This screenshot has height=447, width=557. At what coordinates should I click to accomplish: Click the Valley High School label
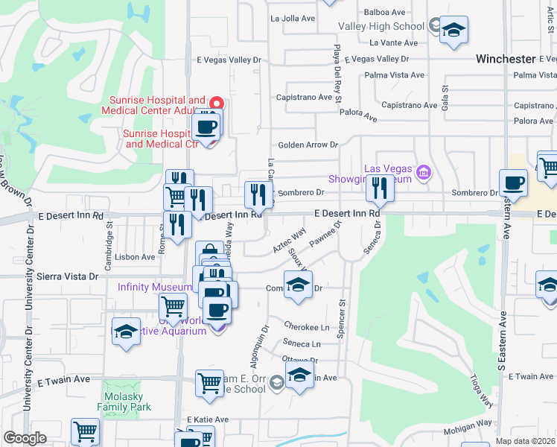coord(381,26)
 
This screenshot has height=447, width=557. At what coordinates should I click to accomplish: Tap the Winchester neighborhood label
coord(506,59)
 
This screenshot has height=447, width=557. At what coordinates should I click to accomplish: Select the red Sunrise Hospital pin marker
coord(216,104)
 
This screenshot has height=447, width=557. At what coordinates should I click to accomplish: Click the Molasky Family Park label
coord(124,401)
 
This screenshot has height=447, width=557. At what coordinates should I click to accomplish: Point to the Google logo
coord(25,438)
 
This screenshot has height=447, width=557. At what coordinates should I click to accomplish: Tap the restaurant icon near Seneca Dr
coord(380,189)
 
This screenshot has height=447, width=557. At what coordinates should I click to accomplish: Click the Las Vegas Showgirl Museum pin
coord(424,174)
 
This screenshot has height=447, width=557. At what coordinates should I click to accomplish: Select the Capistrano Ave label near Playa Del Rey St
coord(304,98)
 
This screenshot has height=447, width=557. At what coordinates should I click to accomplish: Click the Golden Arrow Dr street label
coord(308,145)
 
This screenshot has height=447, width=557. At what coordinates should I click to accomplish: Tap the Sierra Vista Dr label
coord(72,276)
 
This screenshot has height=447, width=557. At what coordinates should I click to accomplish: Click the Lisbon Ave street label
coord(136,257)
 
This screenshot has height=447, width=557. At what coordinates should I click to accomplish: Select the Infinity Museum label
coord(155,288)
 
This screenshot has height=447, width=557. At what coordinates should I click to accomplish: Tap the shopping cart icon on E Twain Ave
coord(209,383)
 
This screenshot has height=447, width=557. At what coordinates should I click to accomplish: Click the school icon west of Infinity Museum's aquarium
coord(126,332)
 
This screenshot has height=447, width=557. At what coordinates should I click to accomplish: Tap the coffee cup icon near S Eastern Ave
coord(513,183)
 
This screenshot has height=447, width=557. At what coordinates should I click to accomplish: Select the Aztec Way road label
coord(290,239)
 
